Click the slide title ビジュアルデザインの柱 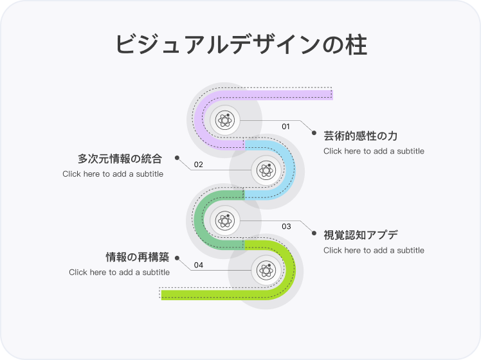click(x=240, y=45)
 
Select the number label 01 click(x=286, y=126)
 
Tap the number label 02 click(x=199, y=165)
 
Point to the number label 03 click(x=286, y=226)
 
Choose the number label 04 click(x=199, y=265)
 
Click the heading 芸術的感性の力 click(x=361, y=136)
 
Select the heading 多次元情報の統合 click(x=120, y=158)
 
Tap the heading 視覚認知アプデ click(x=361, y=235)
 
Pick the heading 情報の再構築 click(x=137, y=257)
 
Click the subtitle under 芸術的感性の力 click(x=374, y=151)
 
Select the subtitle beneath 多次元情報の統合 click(x=113, y=174)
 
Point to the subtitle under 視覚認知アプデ click(x=374, y=250)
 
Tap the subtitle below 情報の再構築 click(x=119, y=272)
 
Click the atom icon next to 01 click(x=224, y=120)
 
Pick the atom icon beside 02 click(x=266, y=170)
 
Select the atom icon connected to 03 click(x=224, y=221)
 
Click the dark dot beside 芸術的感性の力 click(x=314, y=133)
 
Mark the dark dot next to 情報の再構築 click(x=177, y=258)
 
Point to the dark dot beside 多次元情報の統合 click(x=177, y=158)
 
